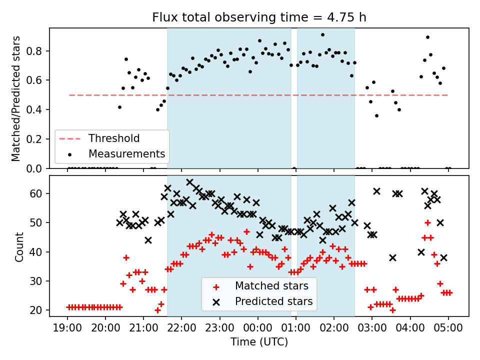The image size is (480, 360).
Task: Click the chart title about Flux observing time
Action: (259, 17)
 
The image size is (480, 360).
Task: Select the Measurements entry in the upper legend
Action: (126, 153)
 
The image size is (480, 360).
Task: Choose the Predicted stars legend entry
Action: (273, 301)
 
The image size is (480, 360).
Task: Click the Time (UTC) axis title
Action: (259, 342)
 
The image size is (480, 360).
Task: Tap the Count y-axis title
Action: (19, 246)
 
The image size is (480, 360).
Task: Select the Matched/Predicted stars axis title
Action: (16, 98)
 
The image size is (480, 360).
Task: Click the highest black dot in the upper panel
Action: (322, 35)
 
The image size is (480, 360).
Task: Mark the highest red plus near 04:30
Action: (427, 222)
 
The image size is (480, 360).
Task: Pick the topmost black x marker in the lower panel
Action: (189, 182)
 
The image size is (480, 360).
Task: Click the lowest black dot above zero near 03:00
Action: (376, 115)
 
